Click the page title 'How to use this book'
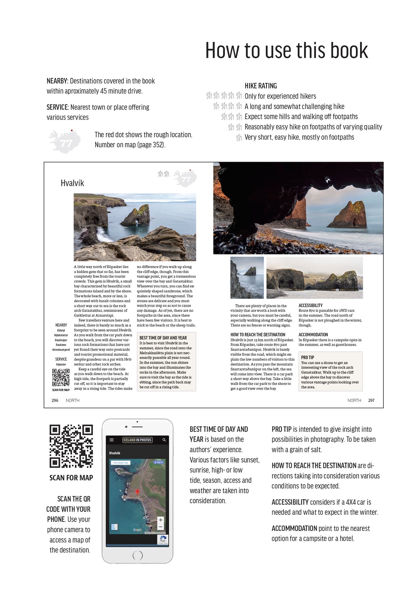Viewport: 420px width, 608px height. pos(286,50)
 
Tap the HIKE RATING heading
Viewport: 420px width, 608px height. pos(261,86)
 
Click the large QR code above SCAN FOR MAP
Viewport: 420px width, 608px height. pos(71,446)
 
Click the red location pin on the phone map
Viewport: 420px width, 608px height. pos(137,492)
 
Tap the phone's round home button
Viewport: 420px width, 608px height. pos(137,555)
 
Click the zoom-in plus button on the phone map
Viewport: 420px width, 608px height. pos(160,520)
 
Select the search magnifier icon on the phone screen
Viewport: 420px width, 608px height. pos(164,440)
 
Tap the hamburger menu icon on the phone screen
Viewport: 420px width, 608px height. pos(112,440)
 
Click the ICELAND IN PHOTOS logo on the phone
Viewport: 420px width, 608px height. pos(137,440)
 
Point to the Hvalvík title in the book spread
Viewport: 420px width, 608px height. pos(72,183)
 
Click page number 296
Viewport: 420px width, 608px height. pos(55,400)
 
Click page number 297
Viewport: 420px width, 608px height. pos(371,400)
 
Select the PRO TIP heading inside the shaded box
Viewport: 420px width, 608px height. pos(308,357)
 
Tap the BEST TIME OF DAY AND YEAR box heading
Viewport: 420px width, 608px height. pos(163,338)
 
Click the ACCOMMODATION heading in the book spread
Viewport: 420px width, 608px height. pos(313,335)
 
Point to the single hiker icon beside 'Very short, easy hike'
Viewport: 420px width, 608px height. pos(239,137)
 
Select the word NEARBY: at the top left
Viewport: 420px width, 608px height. pos(57,81)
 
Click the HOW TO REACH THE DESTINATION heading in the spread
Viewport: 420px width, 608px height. pos(258,335)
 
